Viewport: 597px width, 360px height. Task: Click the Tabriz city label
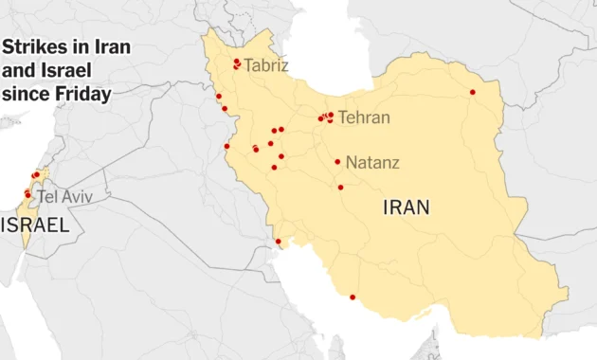click(x=266, y=65)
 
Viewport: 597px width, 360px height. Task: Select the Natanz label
click(x=372, y=163)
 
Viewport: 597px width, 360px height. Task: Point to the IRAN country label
click(x=406, y=207)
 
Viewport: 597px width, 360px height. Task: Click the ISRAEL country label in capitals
click(x=35, y=225)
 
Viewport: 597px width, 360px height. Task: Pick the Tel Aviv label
click(x=64, y=197)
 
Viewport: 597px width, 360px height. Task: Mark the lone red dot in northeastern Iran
click(x=473, y=92)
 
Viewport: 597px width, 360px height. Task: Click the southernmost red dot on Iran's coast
click(x=353, y=297)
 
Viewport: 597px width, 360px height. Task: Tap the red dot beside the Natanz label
click(x=337, y=162)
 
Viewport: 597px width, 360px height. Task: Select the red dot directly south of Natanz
click(x=340, y=188)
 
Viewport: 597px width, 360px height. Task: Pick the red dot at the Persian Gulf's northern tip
click(x=279, y=242)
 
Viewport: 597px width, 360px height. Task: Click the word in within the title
click(x=76, y=48)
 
